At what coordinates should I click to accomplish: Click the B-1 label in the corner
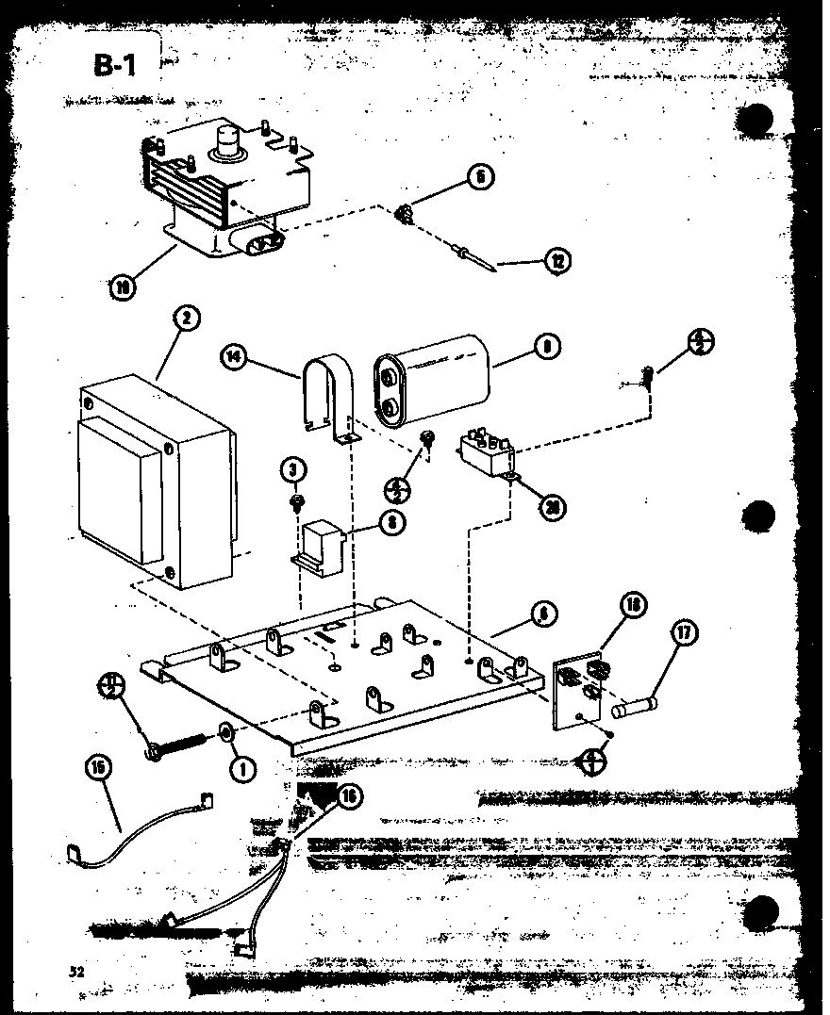click(115, 65)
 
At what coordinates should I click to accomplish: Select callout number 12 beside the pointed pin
click(560, 260)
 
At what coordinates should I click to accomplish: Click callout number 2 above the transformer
click(187, 319)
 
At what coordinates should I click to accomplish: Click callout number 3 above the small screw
click(293, 468)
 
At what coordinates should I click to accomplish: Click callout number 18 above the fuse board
click(632, 605)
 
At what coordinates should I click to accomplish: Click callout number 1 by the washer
click(242, 769)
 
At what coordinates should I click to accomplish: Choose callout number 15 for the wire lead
click(97, 768)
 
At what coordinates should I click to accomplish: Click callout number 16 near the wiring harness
click(348, 797)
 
